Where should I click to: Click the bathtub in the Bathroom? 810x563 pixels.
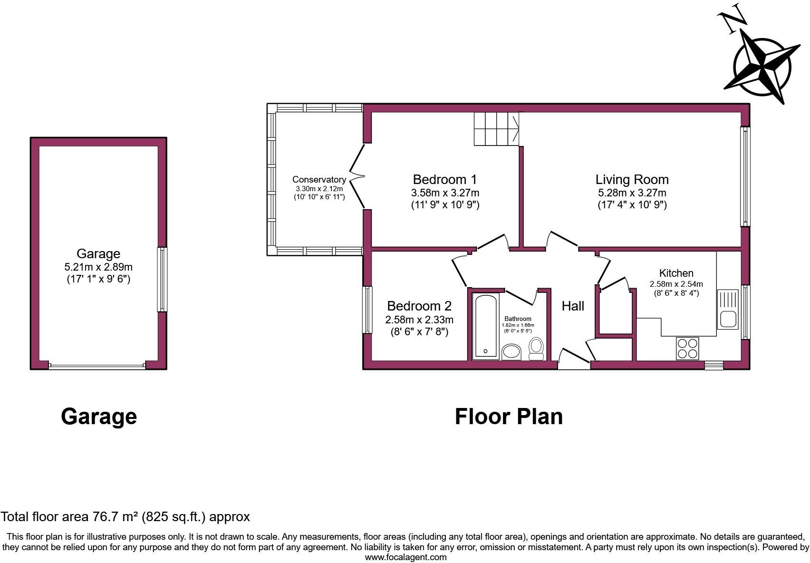click(486, 326)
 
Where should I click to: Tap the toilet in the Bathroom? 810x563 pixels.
click(536, 349)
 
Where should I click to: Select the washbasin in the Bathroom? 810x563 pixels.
click(511, 352)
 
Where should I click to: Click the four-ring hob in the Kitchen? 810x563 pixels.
click(687, 348)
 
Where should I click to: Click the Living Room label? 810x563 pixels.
click(632, 179)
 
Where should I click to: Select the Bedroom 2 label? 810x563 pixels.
click(419, 306)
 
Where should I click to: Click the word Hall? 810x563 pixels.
click(573, 306)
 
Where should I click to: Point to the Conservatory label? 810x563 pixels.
click(319, 179)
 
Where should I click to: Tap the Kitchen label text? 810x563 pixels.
click(676, 273)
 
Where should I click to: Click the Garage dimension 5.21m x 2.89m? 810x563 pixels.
click(98, 267)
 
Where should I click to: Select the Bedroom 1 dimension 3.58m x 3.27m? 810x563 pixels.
click(445, 193)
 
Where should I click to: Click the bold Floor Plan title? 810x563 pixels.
click(509, 417)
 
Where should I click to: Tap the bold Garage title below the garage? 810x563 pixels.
click(99, 417)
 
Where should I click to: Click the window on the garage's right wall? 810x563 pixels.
click(163, 279)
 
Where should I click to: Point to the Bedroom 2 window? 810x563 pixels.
click(367, 310)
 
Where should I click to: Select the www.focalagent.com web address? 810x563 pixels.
click(405, 557)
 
